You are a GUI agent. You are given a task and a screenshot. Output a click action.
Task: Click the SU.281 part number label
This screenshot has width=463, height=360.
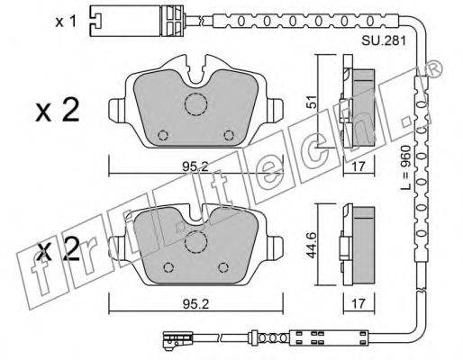384,40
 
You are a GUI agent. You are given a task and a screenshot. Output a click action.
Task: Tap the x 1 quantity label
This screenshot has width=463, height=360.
66,22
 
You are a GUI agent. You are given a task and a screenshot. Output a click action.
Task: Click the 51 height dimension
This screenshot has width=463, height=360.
313,102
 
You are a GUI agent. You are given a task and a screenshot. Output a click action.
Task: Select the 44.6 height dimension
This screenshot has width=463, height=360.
313,245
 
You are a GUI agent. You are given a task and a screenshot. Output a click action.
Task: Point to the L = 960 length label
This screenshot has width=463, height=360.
405,168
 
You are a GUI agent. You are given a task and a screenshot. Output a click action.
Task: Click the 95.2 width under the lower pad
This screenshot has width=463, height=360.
195,304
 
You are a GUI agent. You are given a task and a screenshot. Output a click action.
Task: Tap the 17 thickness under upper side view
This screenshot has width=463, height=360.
359,166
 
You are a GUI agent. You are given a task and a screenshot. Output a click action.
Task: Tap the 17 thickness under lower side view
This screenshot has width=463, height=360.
359,304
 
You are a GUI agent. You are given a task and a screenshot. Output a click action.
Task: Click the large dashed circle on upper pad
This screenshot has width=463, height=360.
195,104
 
